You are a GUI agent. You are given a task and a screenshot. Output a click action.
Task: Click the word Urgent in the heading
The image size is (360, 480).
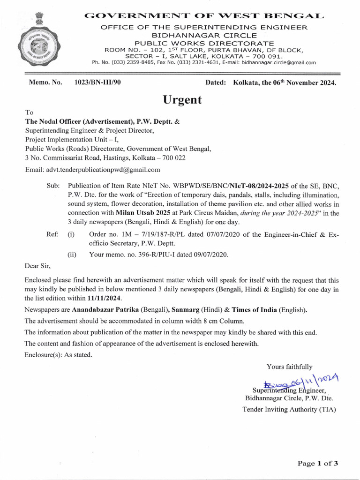[182, 99]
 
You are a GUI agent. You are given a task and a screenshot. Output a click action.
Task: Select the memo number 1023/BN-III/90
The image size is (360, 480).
[97, 82]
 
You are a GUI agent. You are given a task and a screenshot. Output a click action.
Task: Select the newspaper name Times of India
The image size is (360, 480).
[247, 310]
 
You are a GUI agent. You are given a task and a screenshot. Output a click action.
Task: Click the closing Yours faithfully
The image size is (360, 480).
[289, 367]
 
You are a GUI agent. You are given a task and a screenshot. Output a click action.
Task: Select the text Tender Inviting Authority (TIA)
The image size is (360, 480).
[289, 409]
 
